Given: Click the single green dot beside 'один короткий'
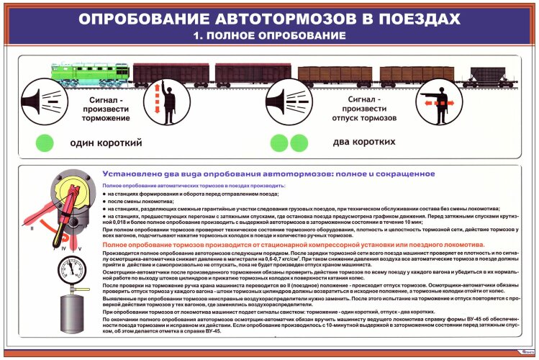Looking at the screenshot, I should click(x=45, y=141).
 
